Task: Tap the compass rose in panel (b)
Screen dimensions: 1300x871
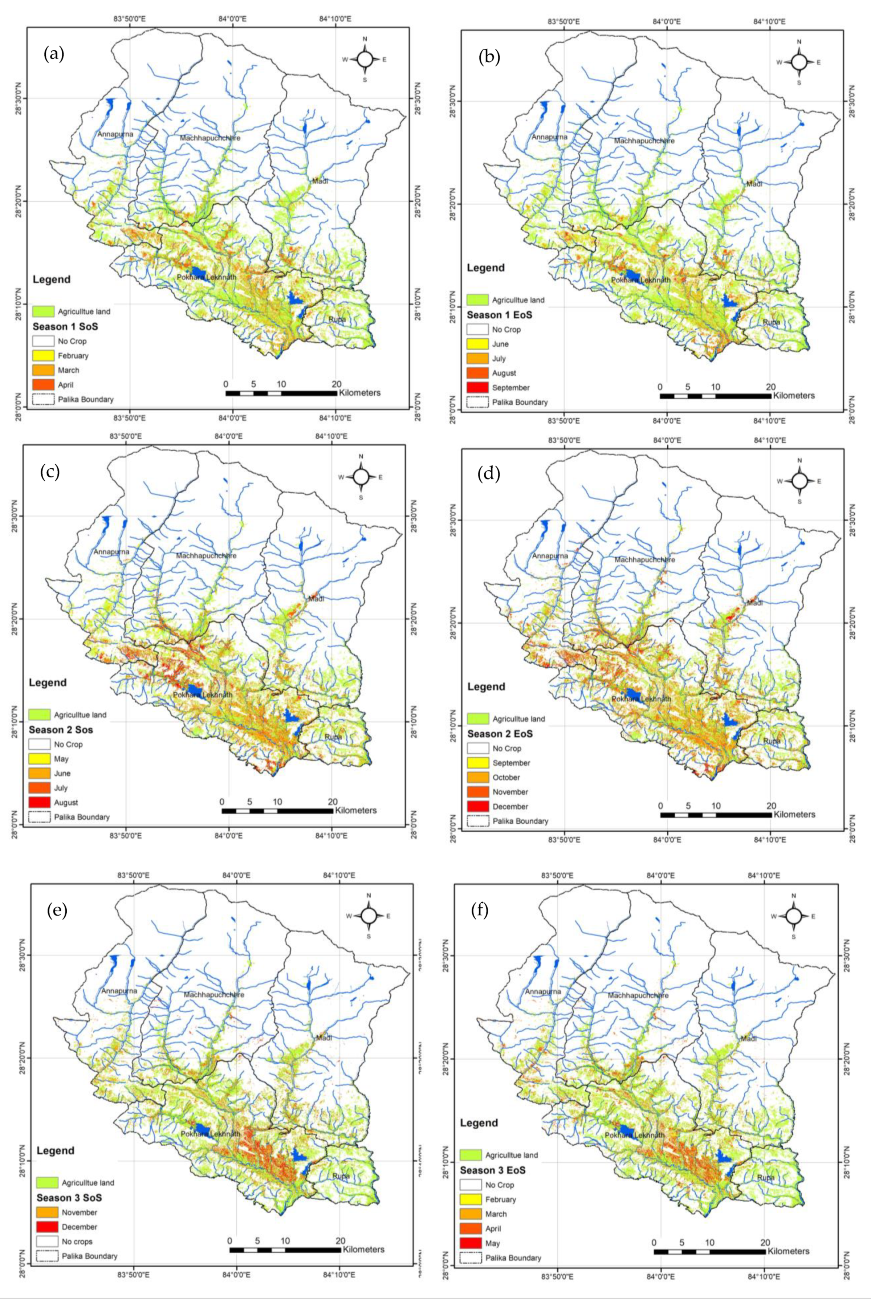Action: tap(799, 62)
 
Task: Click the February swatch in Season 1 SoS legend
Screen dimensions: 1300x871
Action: tap(43, 355)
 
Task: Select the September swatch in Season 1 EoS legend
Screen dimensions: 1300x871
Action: tap(477, 388)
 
